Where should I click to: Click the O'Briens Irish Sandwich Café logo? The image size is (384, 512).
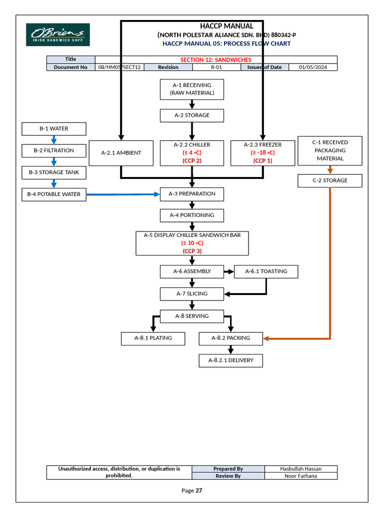(x=58, y=35)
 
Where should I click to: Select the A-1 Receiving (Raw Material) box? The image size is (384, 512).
(x=191, y=89)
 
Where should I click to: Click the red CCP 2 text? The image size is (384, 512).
(x=191, y=160)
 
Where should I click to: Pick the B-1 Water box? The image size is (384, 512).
(x=54, y=129)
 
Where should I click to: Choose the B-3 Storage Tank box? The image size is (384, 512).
(x=54, y=172)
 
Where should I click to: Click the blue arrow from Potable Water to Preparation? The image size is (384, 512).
(x=122, y=194)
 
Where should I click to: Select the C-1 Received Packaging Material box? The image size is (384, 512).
(x=329, y=150)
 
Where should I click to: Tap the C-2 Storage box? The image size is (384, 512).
(x=329, y=180)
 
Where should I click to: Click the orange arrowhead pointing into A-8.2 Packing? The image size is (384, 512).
(x=267, y=338)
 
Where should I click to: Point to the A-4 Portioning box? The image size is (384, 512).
(x=191, y=215)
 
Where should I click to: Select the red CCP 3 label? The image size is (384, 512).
(x=191, y=251)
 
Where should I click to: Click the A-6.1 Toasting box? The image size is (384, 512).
(x=266, y=271)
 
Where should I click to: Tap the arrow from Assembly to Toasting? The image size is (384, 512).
(x=228, y=271)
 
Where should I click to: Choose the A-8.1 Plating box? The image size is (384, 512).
(x=152, y=338)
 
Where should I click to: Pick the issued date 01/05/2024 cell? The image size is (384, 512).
(x=313, y=67)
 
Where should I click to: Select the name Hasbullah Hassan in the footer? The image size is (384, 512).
(x=300, y=469)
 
